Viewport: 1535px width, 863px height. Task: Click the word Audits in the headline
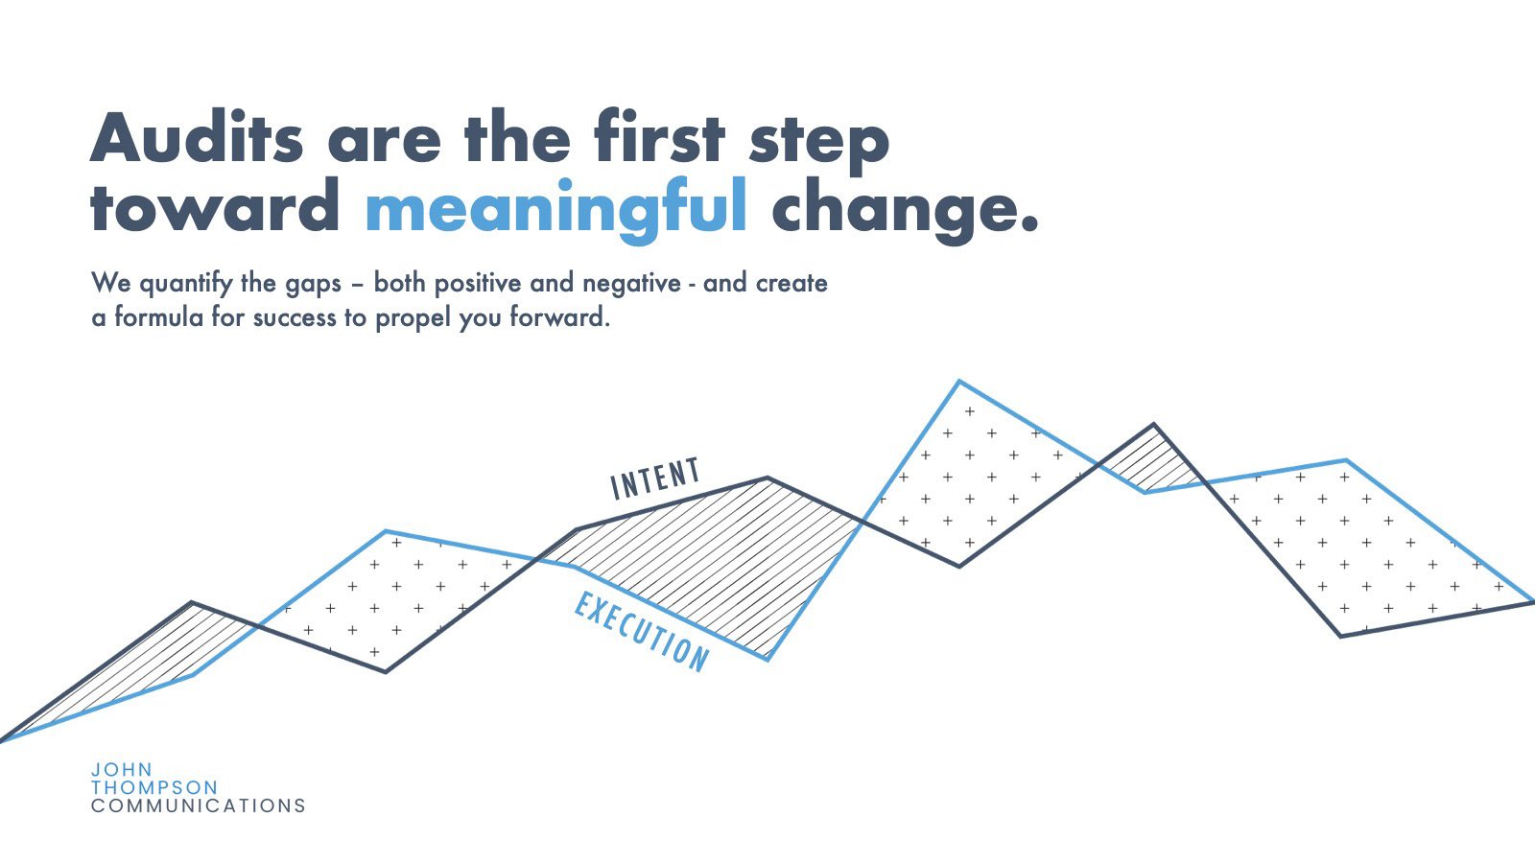point(197,136)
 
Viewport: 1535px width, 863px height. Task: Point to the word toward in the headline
point(215,205)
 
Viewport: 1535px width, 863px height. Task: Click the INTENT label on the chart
point(656,478)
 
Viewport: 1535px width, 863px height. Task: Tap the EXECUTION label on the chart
point(642,632)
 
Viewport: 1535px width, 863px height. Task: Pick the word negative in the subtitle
point(631,284)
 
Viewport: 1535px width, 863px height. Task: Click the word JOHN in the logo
point(122,770)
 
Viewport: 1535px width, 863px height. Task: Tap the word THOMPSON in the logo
point(154,787)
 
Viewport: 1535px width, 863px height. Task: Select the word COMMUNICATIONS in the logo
point(198,806)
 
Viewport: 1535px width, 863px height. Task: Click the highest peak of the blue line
point(958,381)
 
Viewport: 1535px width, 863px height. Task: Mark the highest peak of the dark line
point(1154,424)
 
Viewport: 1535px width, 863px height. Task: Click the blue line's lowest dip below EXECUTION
point(768,661)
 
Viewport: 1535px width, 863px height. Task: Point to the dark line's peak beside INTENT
point(767,478)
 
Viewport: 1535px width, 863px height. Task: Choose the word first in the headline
point(660,136)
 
